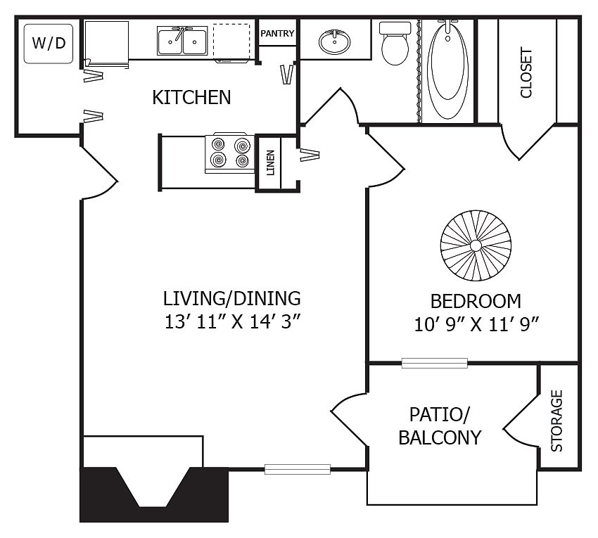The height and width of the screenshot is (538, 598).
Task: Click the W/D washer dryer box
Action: (x=49, y=44)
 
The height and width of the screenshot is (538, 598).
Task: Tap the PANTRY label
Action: (x=277, y=34)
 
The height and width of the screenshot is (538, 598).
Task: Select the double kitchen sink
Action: (x=182, y=41)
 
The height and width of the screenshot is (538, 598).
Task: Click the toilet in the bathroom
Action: (x=395, y=43)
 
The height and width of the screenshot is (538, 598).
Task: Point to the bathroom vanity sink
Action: (x=334, y=41)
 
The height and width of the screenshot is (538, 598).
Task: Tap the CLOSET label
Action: (x=526, y=72)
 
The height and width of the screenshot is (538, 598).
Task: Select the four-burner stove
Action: (x=230, y=153)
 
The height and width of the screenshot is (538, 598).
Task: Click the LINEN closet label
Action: (x=270, y=163)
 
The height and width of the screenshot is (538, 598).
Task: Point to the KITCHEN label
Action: (x=191, y=98)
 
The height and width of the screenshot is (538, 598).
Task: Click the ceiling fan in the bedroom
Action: (x=476, y=246)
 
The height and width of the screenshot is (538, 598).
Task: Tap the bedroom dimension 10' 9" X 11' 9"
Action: (x=476, y=325)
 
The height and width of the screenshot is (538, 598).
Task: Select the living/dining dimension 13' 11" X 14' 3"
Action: (x=231, y=322)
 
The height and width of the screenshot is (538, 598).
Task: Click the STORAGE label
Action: (x=556, y=421)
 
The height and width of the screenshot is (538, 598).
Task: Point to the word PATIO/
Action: (x=440, y=414)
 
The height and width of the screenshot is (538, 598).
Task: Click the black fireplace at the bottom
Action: (x=154, y=494)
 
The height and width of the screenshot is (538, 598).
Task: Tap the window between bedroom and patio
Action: (x=434, y=363)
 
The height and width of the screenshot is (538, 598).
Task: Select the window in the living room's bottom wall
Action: (x=298, y=469)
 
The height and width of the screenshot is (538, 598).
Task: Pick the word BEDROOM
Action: (x=476, y=302)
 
